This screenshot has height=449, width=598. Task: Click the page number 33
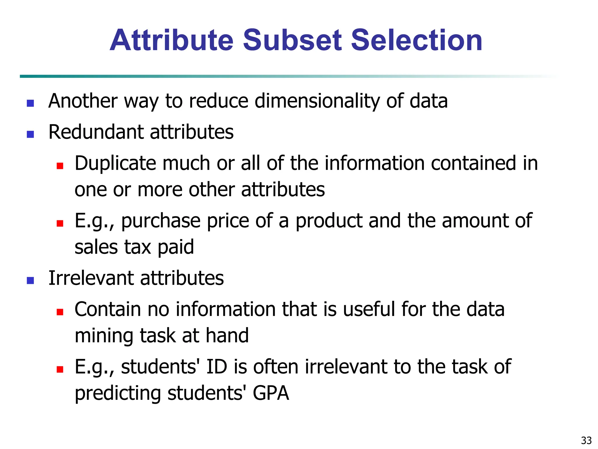point(586,440)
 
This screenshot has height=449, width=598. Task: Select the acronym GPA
point(271,393)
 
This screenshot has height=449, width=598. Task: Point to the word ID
point(217,367)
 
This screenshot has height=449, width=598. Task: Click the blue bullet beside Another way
point(30,103)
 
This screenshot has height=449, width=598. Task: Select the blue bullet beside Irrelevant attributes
point(30,281)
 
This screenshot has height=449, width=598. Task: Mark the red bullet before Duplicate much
point(60,166)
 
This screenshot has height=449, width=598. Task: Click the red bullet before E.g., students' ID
point(60,369)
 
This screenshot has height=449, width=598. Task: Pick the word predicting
point(118,393)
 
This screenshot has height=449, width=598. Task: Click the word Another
point(83,101)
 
